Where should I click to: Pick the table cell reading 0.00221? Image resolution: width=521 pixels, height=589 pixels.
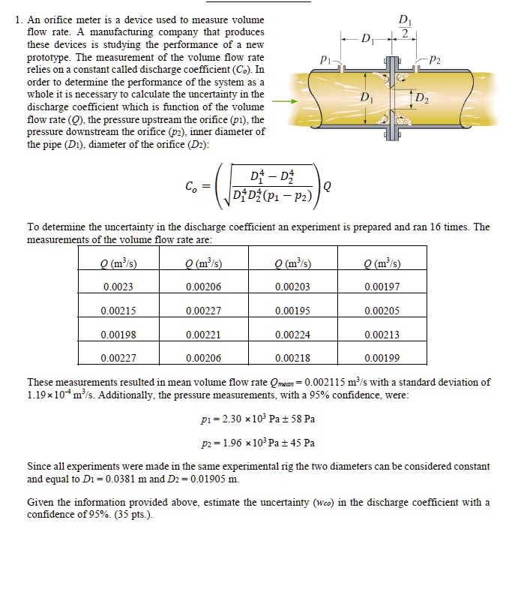(203, 335)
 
